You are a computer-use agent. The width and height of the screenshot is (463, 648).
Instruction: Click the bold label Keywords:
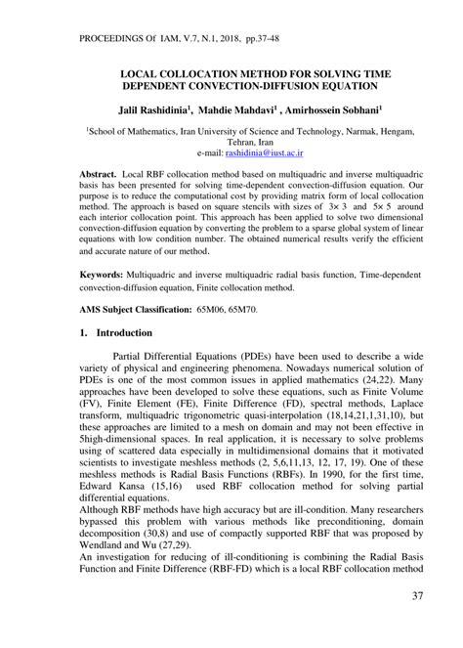[x=106, y=276]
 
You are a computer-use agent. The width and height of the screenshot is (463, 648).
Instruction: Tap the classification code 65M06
[x=212, y=309]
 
